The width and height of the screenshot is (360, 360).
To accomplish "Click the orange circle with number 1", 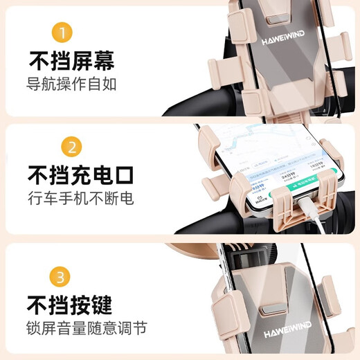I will tap(63, 33).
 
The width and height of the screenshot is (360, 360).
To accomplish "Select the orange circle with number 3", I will tap(63, 277).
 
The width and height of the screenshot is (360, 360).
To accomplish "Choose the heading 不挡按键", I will tap(70, 304).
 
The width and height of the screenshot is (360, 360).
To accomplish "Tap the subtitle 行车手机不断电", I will tap(80, 199).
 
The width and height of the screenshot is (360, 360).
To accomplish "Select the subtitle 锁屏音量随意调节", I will tap(87, 327).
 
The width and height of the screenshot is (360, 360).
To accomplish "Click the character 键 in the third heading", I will tap(100, 304).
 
